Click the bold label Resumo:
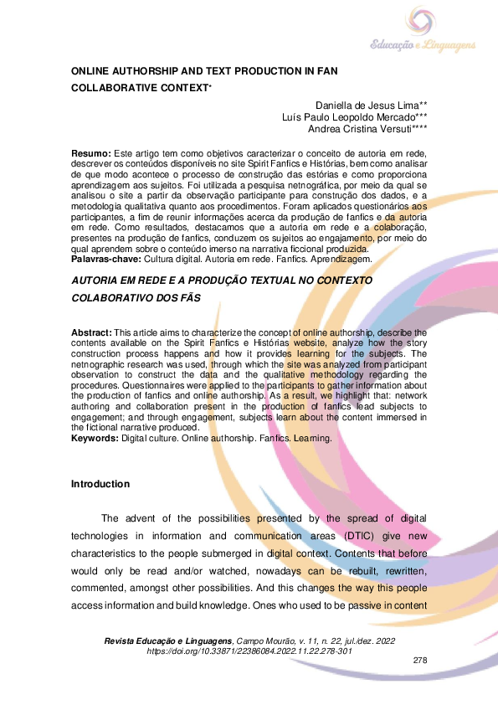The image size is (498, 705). click(x=90, y=154)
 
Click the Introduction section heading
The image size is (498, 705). click(x=100, y=484)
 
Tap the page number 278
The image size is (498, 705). click(x=420, y=661)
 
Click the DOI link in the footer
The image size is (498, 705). click(x=249, y=651)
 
